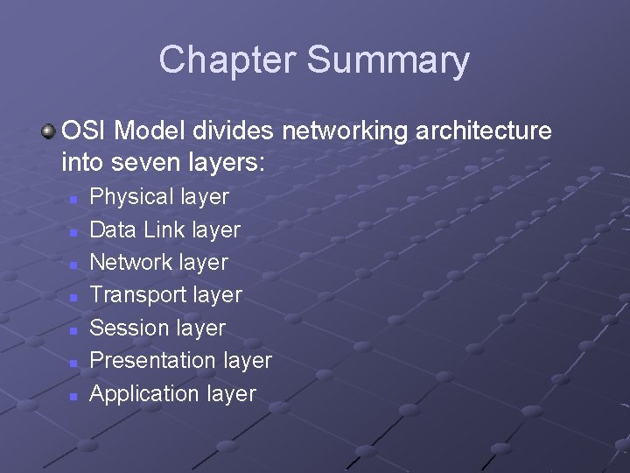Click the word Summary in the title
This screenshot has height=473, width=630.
[388, 60]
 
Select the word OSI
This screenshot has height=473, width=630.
[85, 131]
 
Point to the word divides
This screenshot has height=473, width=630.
[230, 131]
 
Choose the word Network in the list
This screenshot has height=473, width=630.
[131, 262]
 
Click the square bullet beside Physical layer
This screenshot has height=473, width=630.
[74, 199]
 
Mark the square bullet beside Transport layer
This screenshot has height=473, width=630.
[74, 297]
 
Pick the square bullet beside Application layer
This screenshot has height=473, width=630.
[74, 395]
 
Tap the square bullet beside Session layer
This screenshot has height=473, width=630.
[74, 329]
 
